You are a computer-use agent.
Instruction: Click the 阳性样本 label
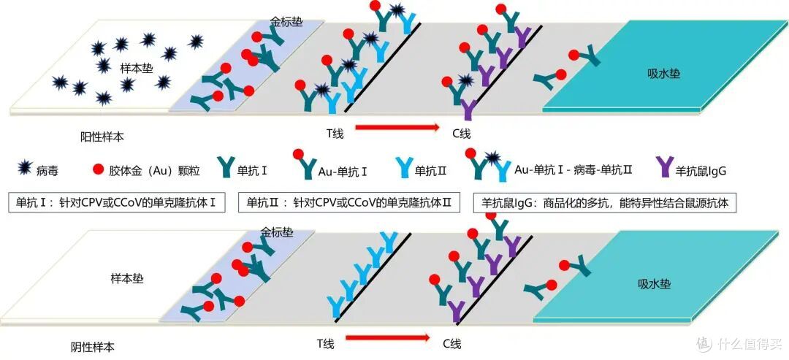click(102, 137)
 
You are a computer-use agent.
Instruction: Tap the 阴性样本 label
click(93, 346)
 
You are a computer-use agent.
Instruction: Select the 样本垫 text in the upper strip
click(137, 68)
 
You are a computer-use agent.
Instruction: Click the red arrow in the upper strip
click(397, 127)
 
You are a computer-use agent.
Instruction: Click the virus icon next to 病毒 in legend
click(24, 169)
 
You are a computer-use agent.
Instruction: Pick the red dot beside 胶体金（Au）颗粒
click(98, 169)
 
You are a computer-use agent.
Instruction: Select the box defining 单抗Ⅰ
click(117, 203)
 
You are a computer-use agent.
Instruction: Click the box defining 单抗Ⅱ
click(349, 203)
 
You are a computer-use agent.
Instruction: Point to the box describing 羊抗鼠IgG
click(604, 204)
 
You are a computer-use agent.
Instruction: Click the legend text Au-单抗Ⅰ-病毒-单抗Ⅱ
click(573, 170)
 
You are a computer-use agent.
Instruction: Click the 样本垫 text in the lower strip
click(127, 278)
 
